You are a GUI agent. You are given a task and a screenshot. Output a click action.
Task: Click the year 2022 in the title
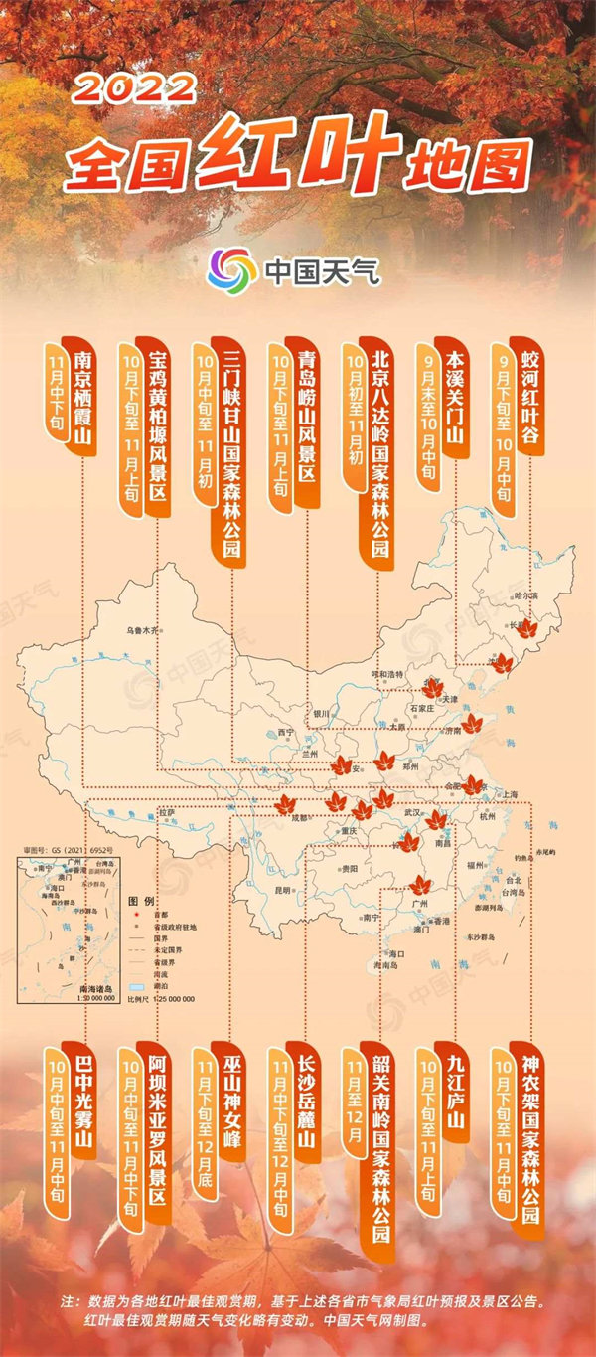pos(134,88)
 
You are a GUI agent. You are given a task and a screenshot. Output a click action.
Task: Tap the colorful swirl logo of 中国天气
pos(231,268)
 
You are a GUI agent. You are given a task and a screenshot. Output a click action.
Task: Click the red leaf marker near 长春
pos(526,629)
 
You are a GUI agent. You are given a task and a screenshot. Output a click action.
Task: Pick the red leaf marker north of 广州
pos(420,883)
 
